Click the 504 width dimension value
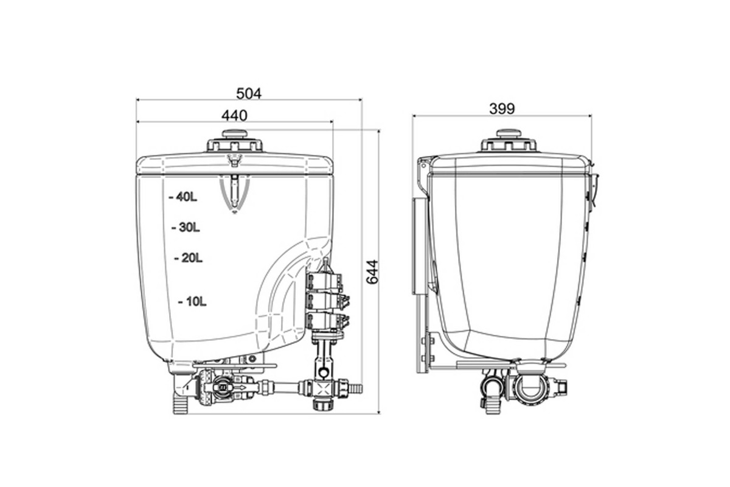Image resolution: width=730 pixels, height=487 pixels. [249, 93]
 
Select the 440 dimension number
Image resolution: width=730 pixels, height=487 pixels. [234, 115]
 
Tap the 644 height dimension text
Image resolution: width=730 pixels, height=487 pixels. [372, 272]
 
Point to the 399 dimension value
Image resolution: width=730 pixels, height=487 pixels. [502, 108]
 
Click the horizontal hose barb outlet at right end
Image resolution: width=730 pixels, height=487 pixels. [356, 387]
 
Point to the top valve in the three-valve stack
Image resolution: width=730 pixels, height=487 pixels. [325, 282]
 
